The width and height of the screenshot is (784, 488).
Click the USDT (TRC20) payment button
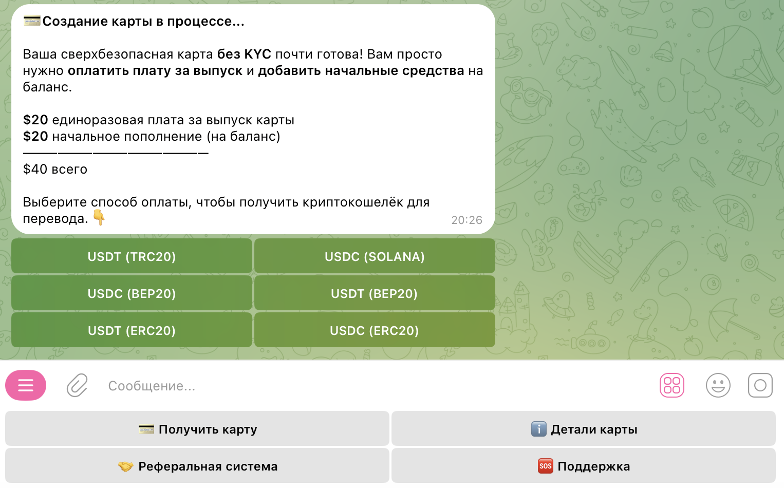[132, 256]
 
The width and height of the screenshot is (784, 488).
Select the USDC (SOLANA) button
[375, 256]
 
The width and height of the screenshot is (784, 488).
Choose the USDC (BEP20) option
[132, 293]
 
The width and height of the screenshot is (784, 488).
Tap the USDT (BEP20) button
[375, 293]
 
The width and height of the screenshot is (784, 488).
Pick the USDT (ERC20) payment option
[132, 330]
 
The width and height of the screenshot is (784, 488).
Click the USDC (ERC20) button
[375, 330]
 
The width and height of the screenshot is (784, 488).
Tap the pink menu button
[26, 385]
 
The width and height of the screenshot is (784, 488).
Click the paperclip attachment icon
[77, 385]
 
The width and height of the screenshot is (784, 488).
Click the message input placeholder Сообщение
[152, 386]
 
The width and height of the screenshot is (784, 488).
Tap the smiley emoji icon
[718, 385]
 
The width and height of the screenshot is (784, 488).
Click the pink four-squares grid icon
[672, 385]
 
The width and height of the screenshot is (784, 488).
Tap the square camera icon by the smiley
[760, 385]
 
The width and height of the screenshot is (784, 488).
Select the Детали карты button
[584, 429]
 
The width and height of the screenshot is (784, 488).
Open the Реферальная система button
[197, 466]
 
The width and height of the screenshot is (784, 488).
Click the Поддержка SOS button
[584, 466]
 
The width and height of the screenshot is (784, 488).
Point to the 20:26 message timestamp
[466, 220]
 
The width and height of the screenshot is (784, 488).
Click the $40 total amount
[35, 169]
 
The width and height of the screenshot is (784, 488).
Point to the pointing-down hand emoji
[99, 217]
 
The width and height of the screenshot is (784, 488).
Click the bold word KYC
[257, 54]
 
